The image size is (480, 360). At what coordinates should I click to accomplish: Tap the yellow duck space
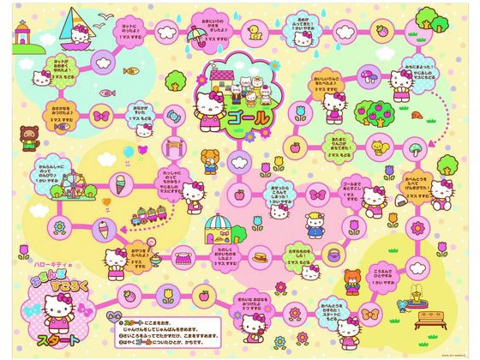(x=255, y=34)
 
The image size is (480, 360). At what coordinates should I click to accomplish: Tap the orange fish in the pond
(x=129, y=71)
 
